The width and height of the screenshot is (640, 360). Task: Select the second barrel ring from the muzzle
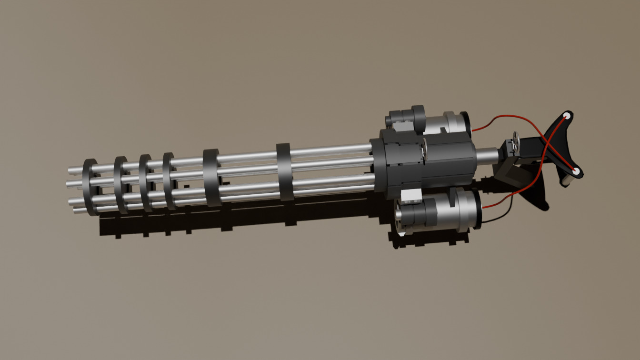120,184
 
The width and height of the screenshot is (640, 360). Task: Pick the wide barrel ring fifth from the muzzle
211,177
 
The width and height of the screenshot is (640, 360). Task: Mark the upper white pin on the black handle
567,116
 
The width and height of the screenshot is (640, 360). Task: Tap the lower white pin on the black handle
575,171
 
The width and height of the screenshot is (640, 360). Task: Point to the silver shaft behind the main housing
486,155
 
